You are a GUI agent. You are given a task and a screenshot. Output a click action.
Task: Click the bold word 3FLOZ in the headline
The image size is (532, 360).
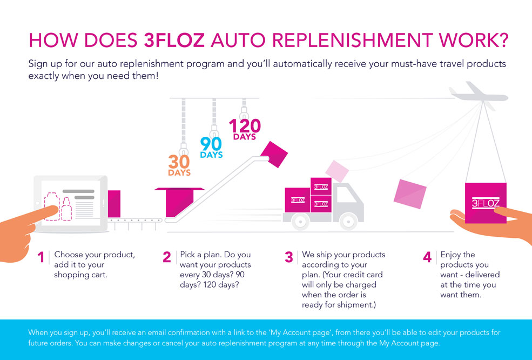174,41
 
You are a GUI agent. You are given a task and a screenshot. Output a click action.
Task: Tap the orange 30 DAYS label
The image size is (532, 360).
179,165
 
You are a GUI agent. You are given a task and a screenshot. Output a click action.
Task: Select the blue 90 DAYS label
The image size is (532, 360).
211,148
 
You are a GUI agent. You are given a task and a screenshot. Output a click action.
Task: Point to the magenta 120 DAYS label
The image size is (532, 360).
245,129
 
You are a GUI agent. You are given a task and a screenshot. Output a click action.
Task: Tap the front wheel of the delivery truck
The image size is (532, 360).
348,221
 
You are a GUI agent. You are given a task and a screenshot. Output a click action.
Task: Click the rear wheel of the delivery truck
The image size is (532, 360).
300,221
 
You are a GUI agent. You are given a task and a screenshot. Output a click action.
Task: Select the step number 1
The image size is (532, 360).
41,257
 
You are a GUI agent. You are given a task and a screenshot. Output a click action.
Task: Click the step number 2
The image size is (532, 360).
166,257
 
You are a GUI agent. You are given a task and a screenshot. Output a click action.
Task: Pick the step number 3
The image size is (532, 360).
289,257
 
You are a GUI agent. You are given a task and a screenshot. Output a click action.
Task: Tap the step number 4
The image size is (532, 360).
427,257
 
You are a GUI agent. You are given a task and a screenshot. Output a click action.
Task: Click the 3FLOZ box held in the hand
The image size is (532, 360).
486,203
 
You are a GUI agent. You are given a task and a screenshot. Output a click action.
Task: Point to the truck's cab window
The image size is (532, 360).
346,196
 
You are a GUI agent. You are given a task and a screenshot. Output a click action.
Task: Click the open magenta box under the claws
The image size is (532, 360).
179,202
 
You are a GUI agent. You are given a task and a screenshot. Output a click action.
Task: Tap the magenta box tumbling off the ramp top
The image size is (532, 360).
274,154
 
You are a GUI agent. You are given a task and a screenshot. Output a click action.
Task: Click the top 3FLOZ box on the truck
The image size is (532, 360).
321,186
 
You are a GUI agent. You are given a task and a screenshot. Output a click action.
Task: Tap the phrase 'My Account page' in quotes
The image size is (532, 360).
300,332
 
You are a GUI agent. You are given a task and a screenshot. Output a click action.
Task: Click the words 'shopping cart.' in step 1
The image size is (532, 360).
81,275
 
